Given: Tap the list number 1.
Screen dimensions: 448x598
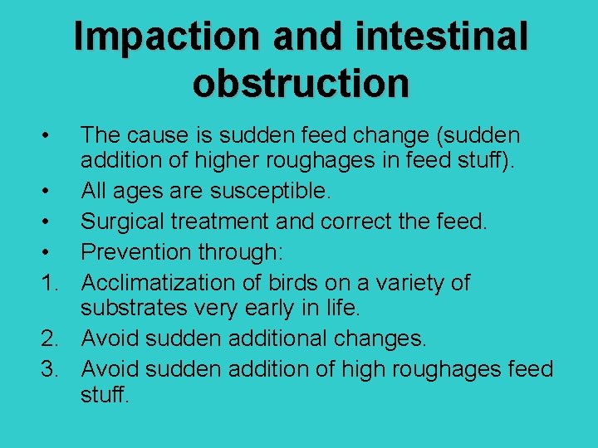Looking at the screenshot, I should click(x=50, y=282).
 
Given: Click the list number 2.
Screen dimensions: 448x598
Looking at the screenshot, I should click(x=50, y=339).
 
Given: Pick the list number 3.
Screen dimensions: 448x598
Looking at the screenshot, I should click(x=50, y=368).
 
